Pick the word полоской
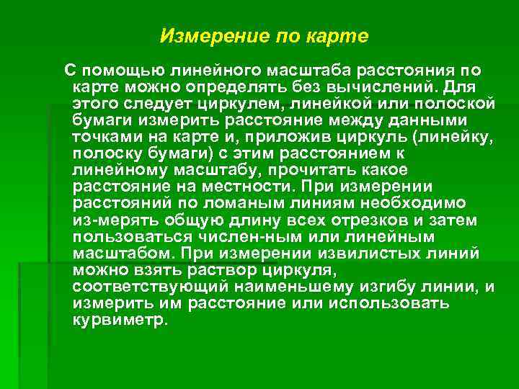pyautogui.click(x=458, y=104)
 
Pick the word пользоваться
pyautogui.click(x=140, y=236)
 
